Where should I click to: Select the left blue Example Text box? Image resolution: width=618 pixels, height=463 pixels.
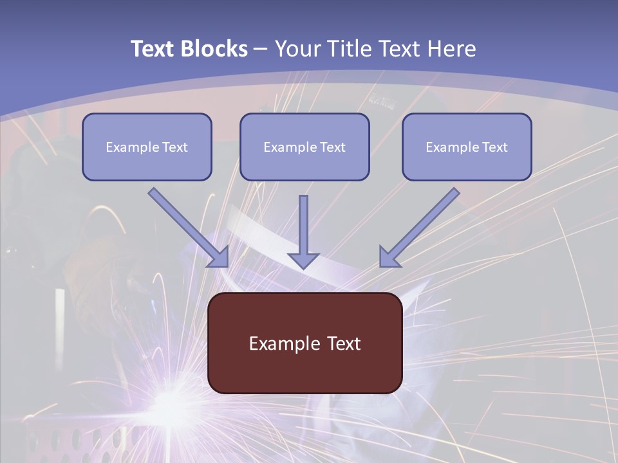coord(147,147)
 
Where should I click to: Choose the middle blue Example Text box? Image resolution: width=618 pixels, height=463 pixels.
coord(304,147)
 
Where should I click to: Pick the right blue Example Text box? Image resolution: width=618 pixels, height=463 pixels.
coord(467,147)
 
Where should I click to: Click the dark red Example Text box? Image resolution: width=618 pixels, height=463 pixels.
coord(305,343)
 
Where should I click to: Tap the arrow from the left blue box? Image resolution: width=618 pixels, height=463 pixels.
coord(189,228)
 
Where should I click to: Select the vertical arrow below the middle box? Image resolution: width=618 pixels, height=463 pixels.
coord(303,232)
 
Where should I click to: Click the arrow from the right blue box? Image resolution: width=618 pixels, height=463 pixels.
coord(419,228)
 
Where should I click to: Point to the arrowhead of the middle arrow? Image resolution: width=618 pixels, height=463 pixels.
coord(303,260)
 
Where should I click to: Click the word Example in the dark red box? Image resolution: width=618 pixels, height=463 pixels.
coord(279,343)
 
